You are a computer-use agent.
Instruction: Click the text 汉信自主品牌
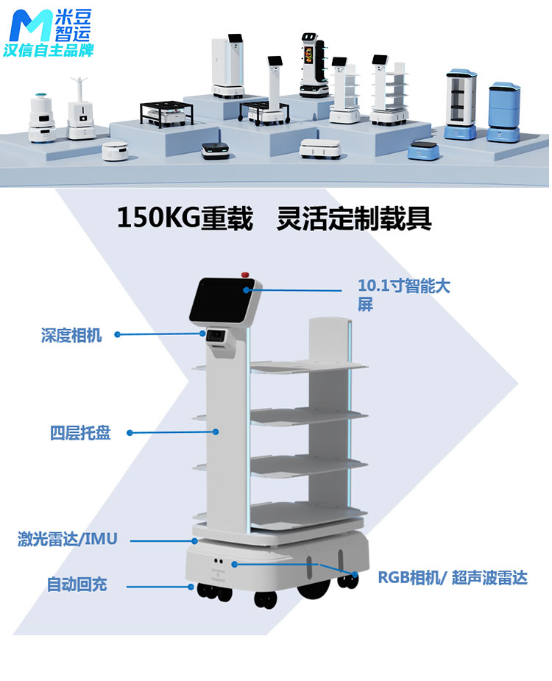48,52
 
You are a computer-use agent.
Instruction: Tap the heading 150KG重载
185,219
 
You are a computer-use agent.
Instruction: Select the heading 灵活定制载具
354,219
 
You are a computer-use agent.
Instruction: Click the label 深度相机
71,336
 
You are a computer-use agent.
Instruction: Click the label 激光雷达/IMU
67,540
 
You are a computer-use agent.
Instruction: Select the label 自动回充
77,585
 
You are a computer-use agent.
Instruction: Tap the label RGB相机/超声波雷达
453,578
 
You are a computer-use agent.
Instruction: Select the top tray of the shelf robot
308,365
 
